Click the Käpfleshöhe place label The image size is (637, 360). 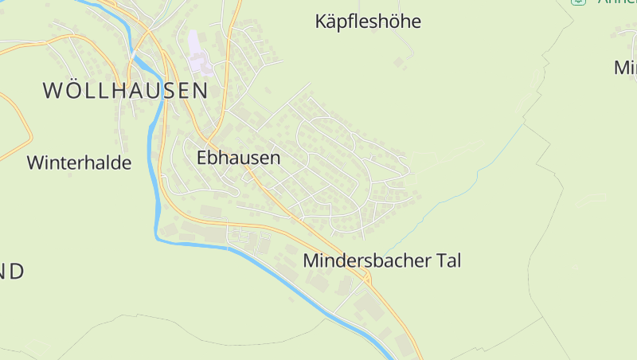(x=368, y=22)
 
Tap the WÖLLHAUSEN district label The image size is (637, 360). (x=125, y=90)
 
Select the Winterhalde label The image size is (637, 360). (x=79, y=163)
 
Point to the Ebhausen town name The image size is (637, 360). (x=238, y=158)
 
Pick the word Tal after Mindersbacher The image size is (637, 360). (x=446, y=260)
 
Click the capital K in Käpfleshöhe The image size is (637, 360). (x=322, y=22)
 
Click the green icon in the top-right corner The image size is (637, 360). (x=578, y=2)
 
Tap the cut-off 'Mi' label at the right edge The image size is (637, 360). (x=625, y=68)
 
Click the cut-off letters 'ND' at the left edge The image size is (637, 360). (x=11, y=272)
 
